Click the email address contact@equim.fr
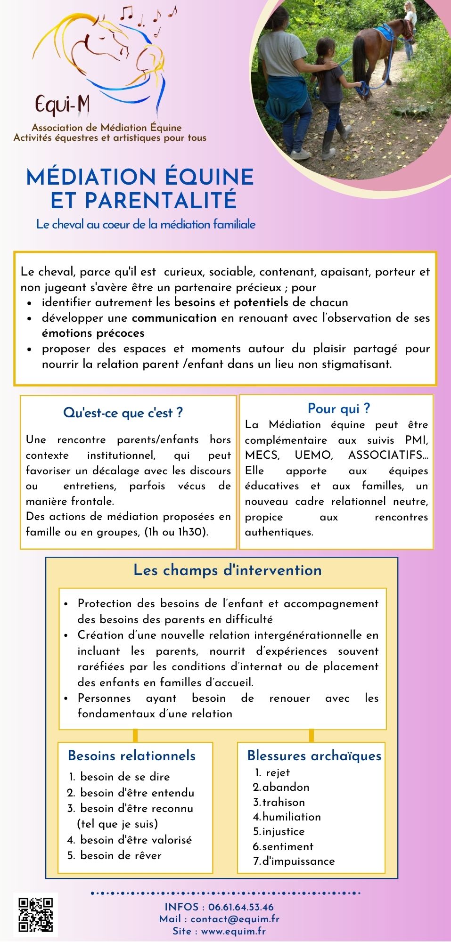(235, 919)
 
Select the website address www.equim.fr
(233, 931)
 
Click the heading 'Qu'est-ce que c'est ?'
(123, 413)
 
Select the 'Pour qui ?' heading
(338, 408)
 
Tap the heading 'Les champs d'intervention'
(227, 570)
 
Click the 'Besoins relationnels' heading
(131, 755)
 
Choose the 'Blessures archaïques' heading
(314, 755)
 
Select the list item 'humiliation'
(291, 817)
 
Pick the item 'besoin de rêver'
(121, 855)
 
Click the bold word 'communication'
(174, 318)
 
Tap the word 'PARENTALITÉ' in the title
(143, 200)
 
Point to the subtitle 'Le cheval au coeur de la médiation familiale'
(146, 224)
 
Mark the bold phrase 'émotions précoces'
(93, 333)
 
